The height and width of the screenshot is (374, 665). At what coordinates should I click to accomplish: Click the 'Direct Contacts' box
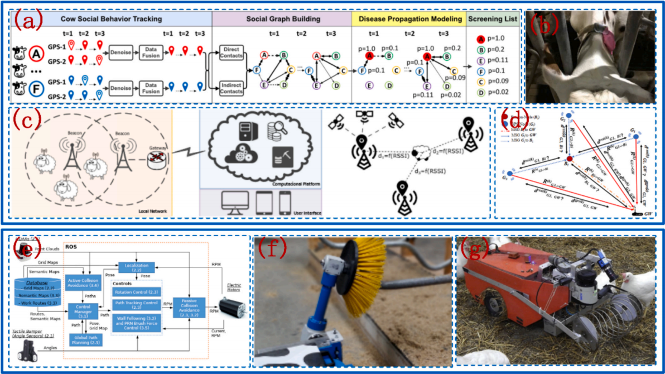pyautogui.click(x=230, y=53)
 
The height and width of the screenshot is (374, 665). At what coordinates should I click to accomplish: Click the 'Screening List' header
pyautogui.click(x=493, y=18)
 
